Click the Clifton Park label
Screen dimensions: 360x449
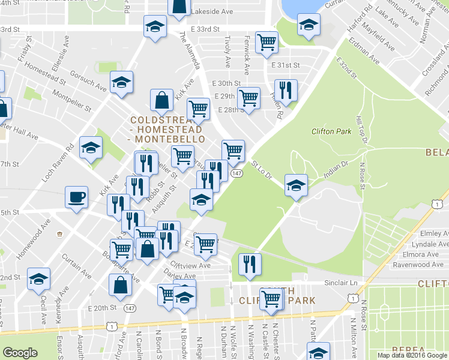pyautogui.click(x=331, y=131)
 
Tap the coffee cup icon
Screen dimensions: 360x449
pyautogui.click(x=77, y=197)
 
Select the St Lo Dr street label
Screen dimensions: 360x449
pyautogui.click(x=262, y=170)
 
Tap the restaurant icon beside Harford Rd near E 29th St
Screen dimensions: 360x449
pyautogui.click(x=286, y=89)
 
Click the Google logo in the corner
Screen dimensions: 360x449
pyautogui.click(x=20, y=352)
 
